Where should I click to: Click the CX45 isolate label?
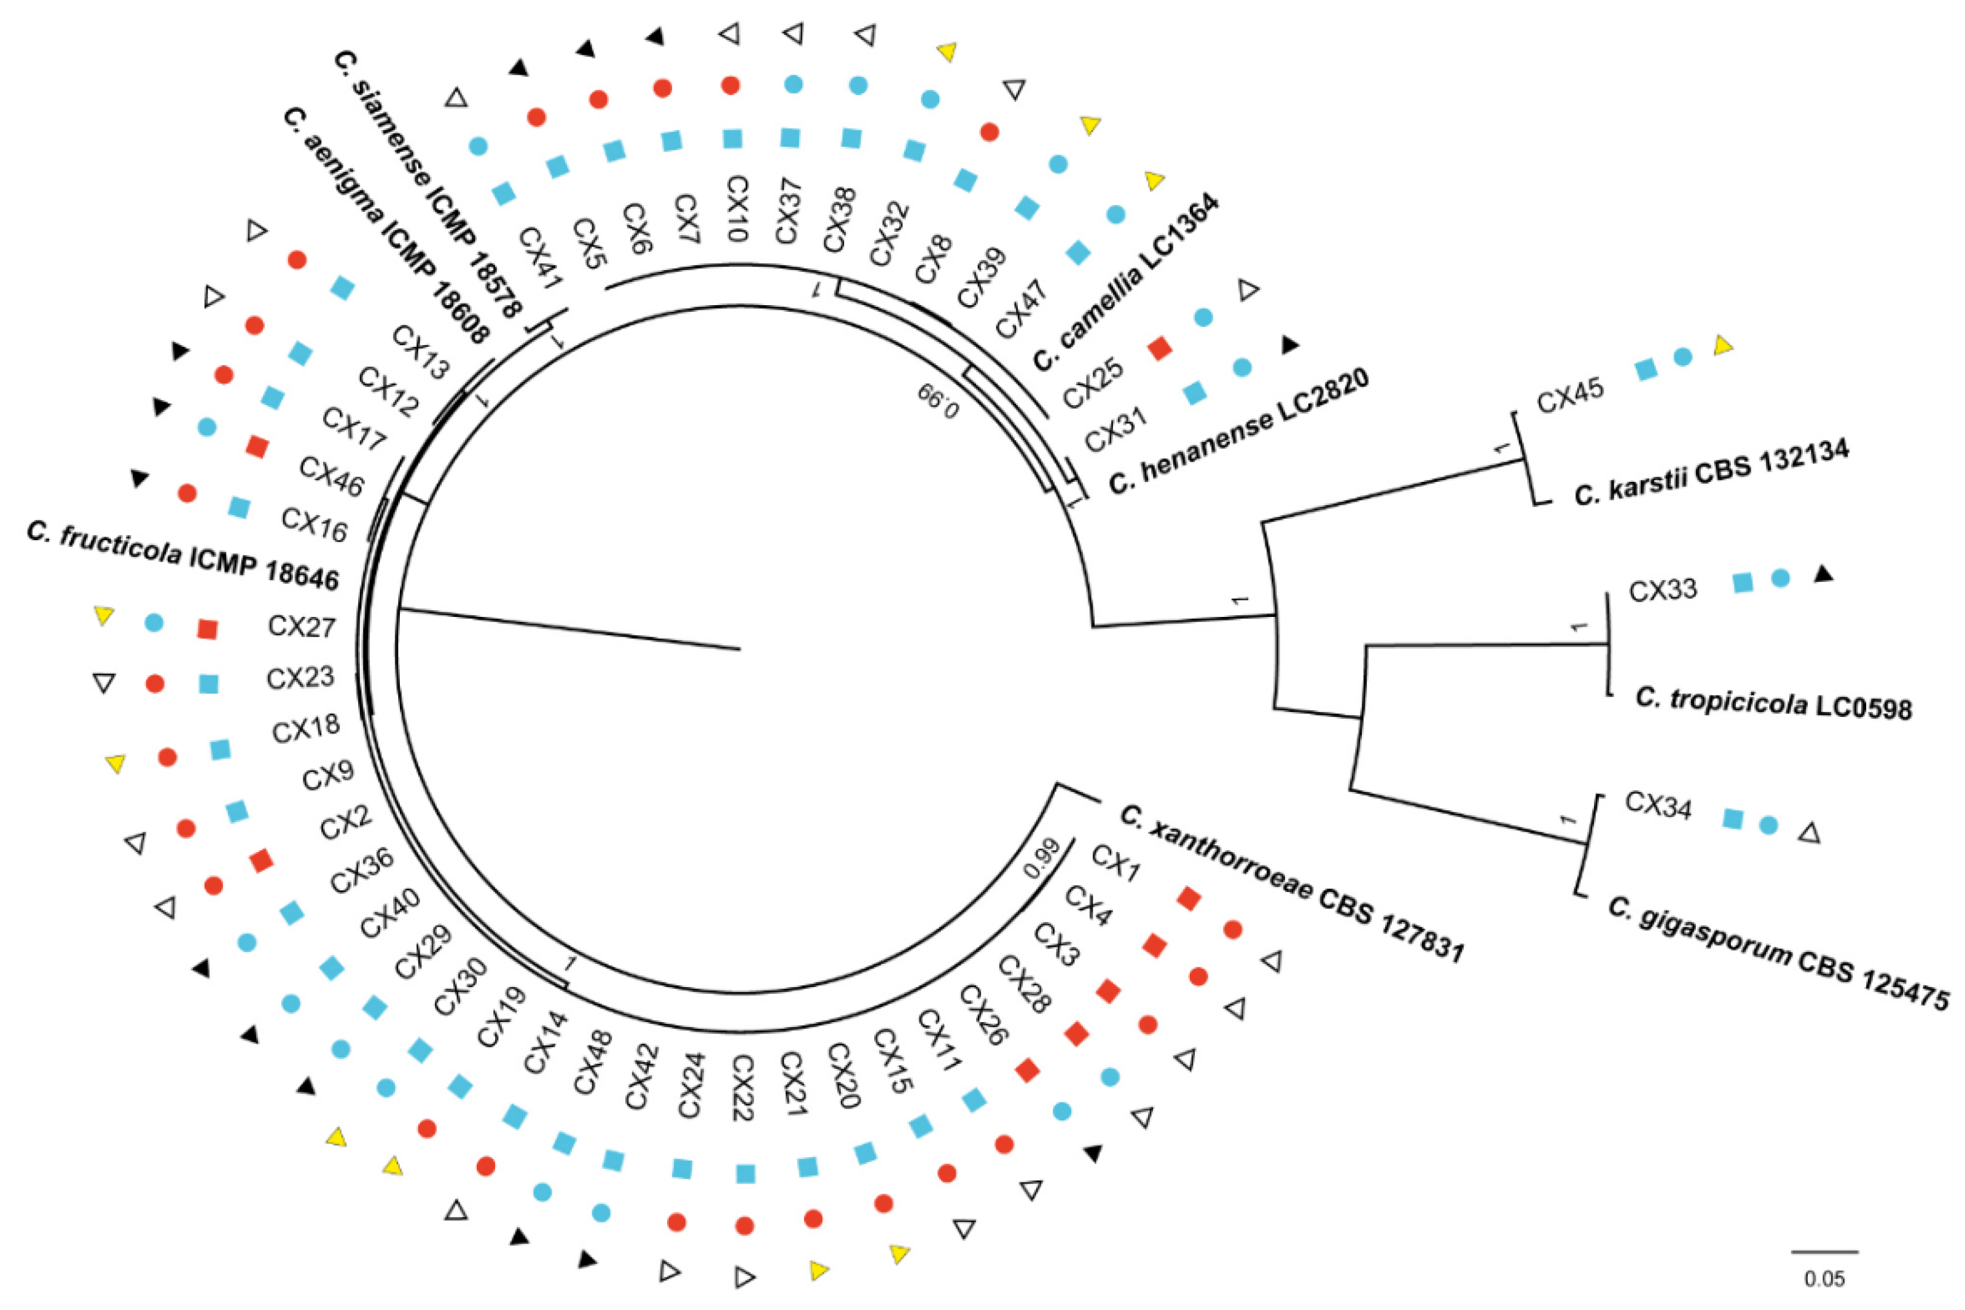click(1569, 395)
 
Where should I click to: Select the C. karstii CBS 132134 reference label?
click(1711, 472)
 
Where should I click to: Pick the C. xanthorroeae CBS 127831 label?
click(1291, 884)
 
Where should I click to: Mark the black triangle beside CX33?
click(1823, 574)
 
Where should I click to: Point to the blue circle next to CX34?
click(1768, 824)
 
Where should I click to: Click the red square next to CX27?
click(206, 629)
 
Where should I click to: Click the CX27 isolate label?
click(301, 627)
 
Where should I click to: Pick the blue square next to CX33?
click(1742, 583)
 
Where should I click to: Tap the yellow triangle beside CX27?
click(104, 616)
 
